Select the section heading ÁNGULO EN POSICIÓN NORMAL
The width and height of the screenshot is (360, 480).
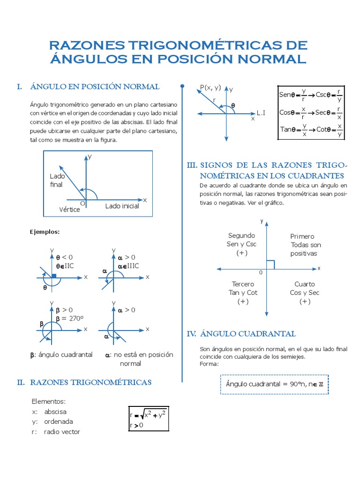coord(95,87)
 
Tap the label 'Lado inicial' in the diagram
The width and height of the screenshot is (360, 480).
coord(122,206)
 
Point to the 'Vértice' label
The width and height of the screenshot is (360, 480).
coord(69,210)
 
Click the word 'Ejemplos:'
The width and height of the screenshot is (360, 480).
coord(45,232)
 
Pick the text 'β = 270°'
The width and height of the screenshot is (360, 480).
coord(69,318)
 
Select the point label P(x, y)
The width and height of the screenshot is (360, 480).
coord(210,87)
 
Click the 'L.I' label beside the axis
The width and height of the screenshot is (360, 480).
coord(261,113)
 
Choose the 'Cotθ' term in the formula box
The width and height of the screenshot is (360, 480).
coord(325,129)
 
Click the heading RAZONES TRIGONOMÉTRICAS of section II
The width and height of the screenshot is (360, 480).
coord(91,382)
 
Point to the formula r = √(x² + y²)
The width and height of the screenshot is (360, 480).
coord(148,414)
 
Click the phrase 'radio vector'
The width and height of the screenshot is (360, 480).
coord(62,432)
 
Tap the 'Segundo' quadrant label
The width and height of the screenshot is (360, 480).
coord(241,235)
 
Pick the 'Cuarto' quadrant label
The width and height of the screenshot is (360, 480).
coord(305,284)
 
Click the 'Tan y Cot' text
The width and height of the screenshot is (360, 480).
coord(243,292)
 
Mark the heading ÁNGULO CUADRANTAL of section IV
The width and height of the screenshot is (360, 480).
coord(248,334)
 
